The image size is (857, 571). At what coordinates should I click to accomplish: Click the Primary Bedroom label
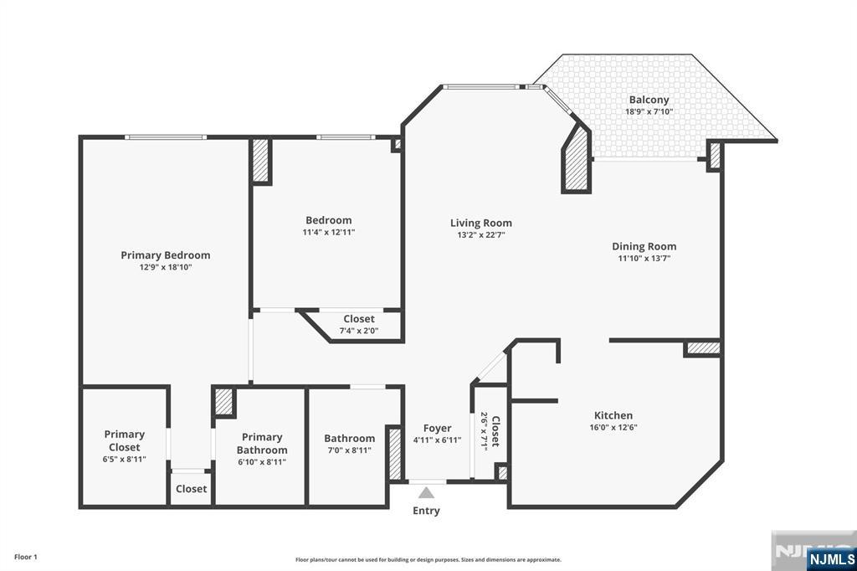coord(166,255)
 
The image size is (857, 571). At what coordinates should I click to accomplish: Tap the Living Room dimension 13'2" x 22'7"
coord(480,235)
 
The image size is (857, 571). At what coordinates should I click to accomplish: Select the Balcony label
coord(649,100)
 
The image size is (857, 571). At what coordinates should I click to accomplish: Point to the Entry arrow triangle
coord(428,492)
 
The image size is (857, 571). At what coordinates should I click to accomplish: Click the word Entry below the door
coord(426,511)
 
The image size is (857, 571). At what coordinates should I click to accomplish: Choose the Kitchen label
coord(613,415)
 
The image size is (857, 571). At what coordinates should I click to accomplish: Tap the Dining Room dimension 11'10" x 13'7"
coord(644,259)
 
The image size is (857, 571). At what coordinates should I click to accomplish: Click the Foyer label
coord(437,428)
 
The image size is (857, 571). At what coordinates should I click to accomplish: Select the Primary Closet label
coord(125,440)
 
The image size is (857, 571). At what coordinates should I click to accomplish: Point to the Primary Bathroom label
coord(262,443)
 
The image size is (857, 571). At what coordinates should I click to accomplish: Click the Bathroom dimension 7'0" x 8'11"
coord(349,450)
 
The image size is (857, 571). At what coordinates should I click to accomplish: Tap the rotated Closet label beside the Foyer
coord(495,430)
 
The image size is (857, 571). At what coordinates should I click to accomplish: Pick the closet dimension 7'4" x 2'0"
coord(358,331)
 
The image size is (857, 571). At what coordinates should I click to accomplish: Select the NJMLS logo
coord(831,558)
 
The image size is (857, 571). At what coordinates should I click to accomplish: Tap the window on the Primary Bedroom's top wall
coord(166,137)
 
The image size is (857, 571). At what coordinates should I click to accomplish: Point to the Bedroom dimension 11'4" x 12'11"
coord(329,233)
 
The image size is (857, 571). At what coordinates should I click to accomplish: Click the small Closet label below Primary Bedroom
coord(191,489)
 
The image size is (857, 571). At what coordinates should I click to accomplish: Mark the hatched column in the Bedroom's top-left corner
coord(261,161)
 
